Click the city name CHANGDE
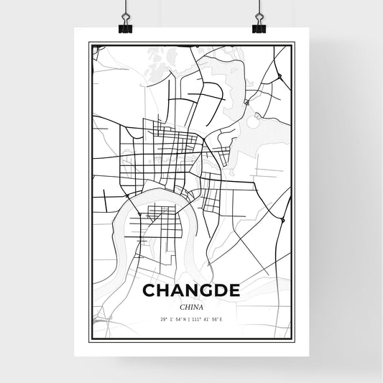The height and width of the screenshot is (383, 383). [191, 290]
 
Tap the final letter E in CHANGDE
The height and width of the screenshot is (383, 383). [234, 290]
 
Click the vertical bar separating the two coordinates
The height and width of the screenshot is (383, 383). [191, 318]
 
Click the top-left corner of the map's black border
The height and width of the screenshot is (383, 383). [88, 43]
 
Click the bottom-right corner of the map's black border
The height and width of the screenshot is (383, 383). [295, 339]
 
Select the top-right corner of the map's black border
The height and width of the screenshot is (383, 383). [295, 43]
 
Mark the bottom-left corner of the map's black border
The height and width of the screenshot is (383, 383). [88, 339]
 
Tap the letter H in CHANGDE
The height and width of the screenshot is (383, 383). [163, 290]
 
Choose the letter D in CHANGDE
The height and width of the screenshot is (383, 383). [220, 290]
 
